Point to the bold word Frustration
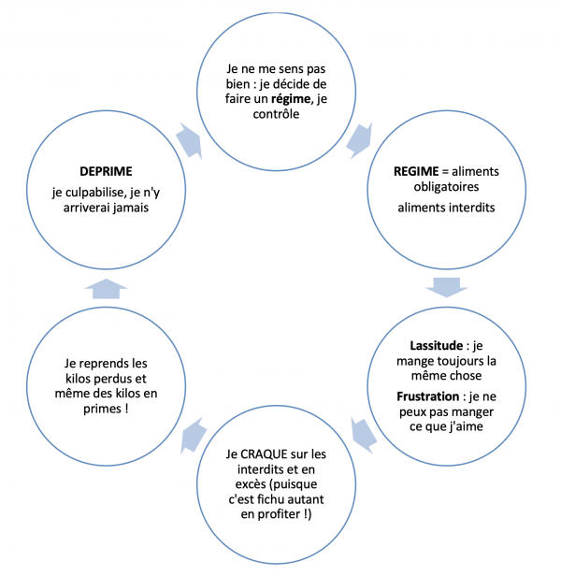428,397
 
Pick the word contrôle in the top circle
279,115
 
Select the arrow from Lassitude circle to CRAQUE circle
364,431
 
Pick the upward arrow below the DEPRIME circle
106,288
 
